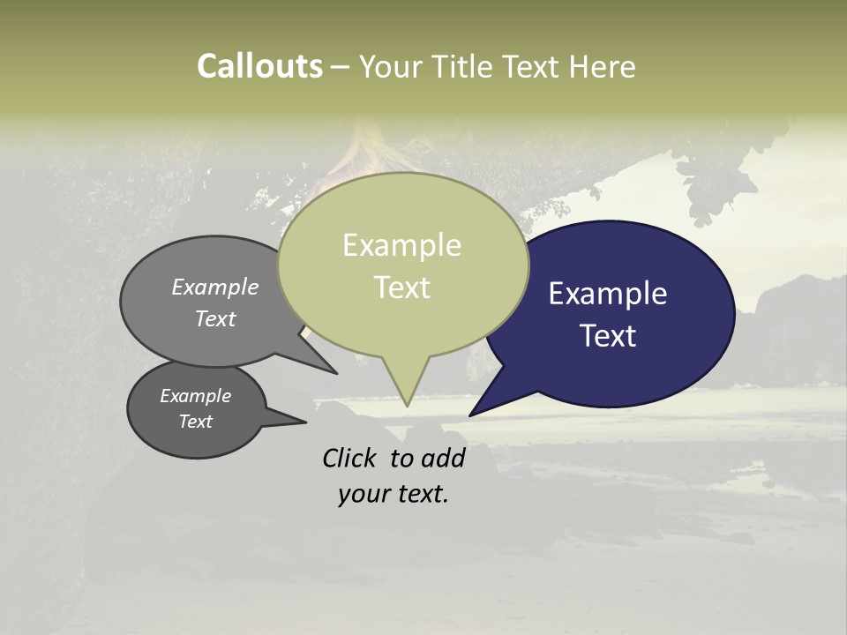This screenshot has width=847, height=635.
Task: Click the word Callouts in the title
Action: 259,67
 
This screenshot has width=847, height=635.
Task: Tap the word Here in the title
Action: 603,67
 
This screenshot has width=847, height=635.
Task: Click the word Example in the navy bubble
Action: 608,294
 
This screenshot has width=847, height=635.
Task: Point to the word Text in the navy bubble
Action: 608,335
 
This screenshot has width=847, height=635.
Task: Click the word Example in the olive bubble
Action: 401,245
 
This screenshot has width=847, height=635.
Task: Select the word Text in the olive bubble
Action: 402,288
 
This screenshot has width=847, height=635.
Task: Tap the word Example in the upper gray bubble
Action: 215,288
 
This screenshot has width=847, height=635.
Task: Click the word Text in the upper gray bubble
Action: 215,318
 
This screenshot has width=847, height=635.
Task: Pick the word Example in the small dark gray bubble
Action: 196,396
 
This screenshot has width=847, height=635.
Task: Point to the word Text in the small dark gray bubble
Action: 196,422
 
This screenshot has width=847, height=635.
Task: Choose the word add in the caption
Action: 442,458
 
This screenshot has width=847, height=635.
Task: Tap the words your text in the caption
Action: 394,494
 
